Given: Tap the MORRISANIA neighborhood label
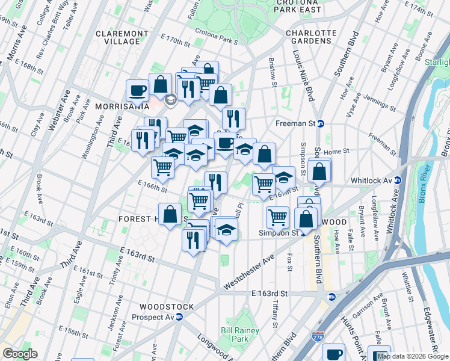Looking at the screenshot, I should (122, 106).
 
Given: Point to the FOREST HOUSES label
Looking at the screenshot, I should (138, 219).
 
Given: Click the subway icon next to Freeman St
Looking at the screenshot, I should (321, 123).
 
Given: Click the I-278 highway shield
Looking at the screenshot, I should (317, 337).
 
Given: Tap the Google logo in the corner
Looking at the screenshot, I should (20, 353).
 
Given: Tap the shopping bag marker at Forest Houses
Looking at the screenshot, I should (170, 214).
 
